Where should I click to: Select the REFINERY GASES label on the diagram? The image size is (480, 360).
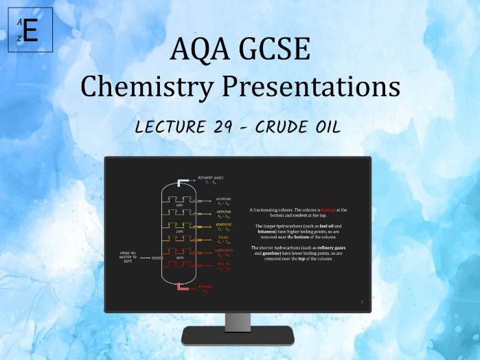(210, 179)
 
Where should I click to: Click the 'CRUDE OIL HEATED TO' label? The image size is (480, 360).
(128, 256)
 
